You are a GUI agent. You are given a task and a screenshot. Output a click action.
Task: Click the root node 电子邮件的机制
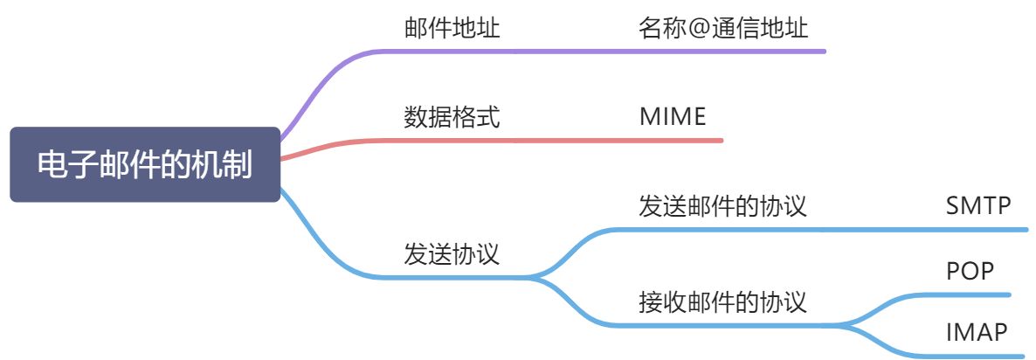coord(145,165)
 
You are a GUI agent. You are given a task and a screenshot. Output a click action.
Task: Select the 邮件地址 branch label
coord(452,28)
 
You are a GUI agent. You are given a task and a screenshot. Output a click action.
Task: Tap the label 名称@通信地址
coord(722,28)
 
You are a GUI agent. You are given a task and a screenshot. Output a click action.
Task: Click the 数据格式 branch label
coord(452,117)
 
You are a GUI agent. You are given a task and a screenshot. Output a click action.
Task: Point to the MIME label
coord(672,117)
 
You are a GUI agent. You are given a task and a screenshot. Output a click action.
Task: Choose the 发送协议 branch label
coord(452,254)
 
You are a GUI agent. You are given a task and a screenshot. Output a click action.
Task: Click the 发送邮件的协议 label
coord(722,206)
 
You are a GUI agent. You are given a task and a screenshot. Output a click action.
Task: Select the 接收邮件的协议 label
coord(722,302)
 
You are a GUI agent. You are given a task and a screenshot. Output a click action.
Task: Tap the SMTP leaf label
coord(978,206)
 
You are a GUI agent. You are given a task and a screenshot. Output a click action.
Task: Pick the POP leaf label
coord(970,271)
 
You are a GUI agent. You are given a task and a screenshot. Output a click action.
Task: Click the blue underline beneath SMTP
coord(978,230)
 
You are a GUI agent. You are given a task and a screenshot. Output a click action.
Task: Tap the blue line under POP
coord(970,294)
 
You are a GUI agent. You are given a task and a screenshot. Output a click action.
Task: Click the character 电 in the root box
coord(52,165)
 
